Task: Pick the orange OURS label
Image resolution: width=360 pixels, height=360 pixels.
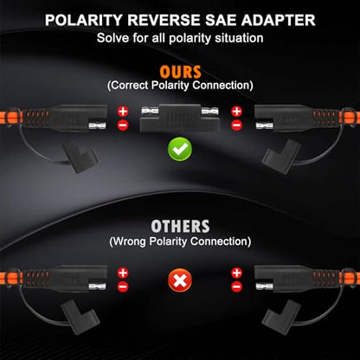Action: (180, 72)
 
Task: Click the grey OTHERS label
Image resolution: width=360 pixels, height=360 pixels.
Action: (180, 227)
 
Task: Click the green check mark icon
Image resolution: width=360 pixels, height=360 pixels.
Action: (180, 149)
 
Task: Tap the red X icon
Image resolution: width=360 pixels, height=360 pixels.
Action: (180, 280)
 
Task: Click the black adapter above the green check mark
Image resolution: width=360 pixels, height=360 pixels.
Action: (180, 118)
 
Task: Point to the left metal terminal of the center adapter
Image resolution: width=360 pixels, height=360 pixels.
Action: (150, 111)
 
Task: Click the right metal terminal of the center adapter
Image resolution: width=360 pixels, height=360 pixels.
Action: (210, 111)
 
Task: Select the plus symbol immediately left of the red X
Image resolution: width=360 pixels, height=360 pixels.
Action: (123, 273)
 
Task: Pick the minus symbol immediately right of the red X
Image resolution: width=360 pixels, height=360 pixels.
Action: (236, 286)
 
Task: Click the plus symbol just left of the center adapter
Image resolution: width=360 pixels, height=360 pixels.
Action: (123, 112)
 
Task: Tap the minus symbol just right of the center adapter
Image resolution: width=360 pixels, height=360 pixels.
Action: (236, 125)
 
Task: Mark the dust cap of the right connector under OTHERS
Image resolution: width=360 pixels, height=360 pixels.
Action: (280, 317)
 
